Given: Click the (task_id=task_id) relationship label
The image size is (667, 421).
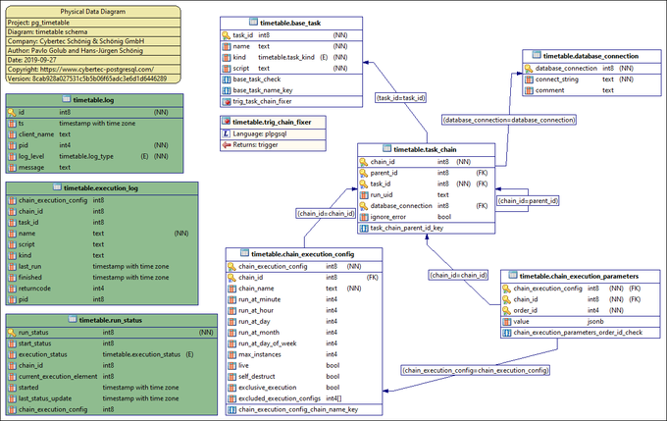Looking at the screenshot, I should (401, 98).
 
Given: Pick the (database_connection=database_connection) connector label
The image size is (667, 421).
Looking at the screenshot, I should (509, 120).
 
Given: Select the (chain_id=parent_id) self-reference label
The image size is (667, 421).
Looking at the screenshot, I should (529, 201).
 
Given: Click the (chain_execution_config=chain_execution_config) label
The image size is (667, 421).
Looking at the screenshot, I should (473, 370).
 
